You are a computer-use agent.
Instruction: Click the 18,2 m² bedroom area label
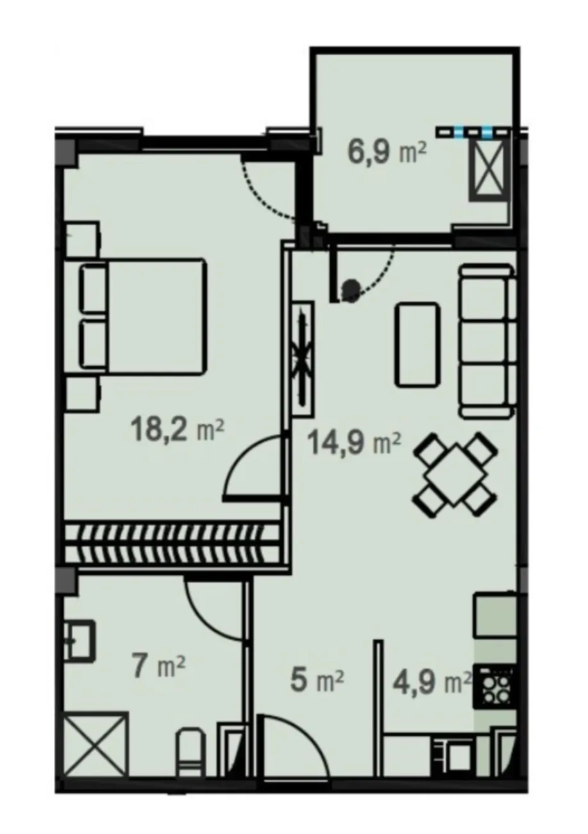[x=178, y=429]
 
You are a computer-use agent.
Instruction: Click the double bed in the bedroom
[x=142, y=316]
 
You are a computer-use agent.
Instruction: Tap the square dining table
[x=455, y=474]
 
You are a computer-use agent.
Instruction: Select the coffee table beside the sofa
[x=417, y=345]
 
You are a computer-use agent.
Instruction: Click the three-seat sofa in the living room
[x=487, y=340]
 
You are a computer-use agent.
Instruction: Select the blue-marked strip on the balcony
[x=473, y=132]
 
